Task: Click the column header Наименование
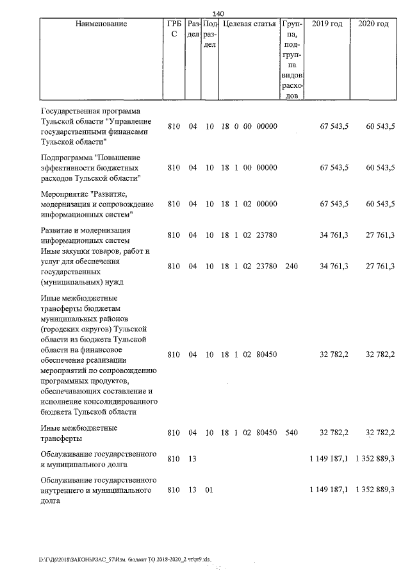[x=101, y=24]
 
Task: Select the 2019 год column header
[x=327, y=24]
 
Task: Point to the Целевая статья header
[x=249, y=24]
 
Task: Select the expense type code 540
[x=291, y=433]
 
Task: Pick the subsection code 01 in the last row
[x=209, y=490]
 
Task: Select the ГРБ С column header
[x=174, y=29]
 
